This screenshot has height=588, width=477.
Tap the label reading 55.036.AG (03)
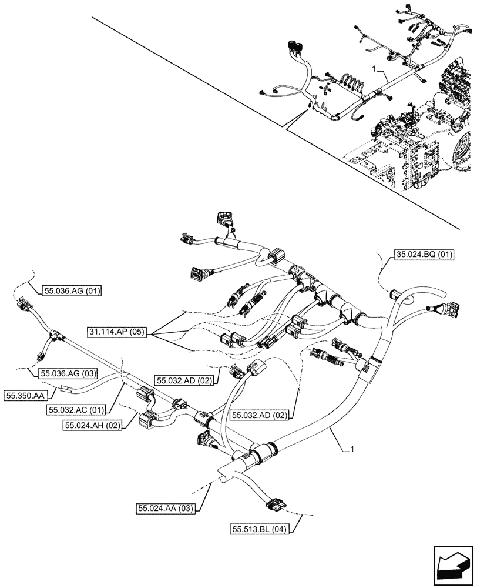point(68,373)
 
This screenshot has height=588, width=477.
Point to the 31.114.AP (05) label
point(118,333)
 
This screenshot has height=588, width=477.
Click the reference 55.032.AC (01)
point(76,409)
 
